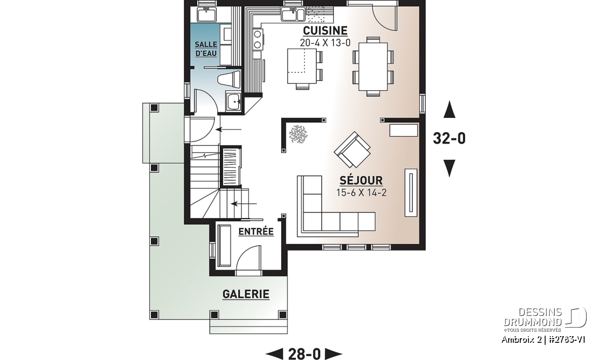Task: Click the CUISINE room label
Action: click(x=325, y=31)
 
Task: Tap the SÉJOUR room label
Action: click(x=361, y=180)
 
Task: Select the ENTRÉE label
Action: click(x=256, y=231)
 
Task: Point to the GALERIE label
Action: click(x=246, y=294)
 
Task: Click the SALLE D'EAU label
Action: click(x=206, y=49)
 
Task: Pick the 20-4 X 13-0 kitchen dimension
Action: click(x=325, y=43)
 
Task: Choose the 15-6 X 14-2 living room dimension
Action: click(x=361, y=192)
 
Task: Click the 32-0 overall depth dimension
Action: click(x=449, y=138)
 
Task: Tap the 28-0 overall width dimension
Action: click(x=305, y=354)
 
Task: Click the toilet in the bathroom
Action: click(x=230, y=79)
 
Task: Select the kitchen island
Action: click(x=302, y=66)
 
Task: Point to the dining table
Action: click(x=373, y=66)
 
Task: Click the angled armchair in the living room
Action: click(x=352, y=150)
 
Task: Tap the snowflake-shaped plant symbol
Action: click(x=298, y=134)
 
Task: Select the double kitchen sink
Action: click(x=293, y=14)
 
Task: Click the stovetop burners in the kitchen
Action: click(x=257, y=39)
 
